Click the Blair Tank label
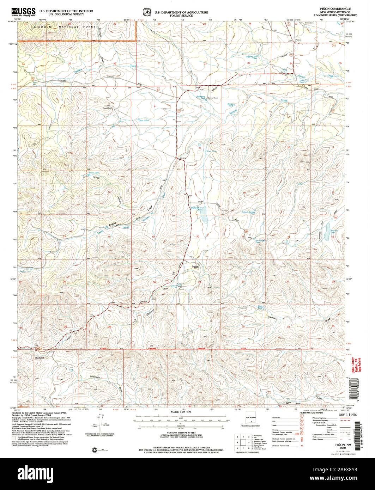coord(260,307)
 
